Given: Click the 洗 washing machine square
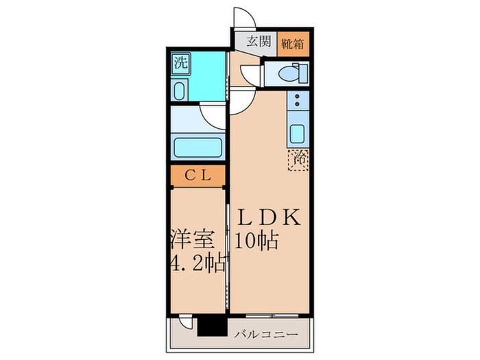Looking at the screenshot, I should (180, 64).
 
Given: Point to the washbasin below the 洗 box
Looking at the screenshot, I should (180, 91).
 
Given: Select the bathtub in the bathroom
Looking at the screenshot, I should (197, 147).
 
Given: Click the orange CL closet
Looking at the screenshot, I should (197, 175).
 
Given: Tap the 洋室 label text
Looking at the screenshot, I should (193, 241).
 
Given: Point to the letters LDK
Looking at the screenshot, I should (268, 219).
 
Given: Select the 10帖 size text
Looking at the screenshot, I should (258, 241).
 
